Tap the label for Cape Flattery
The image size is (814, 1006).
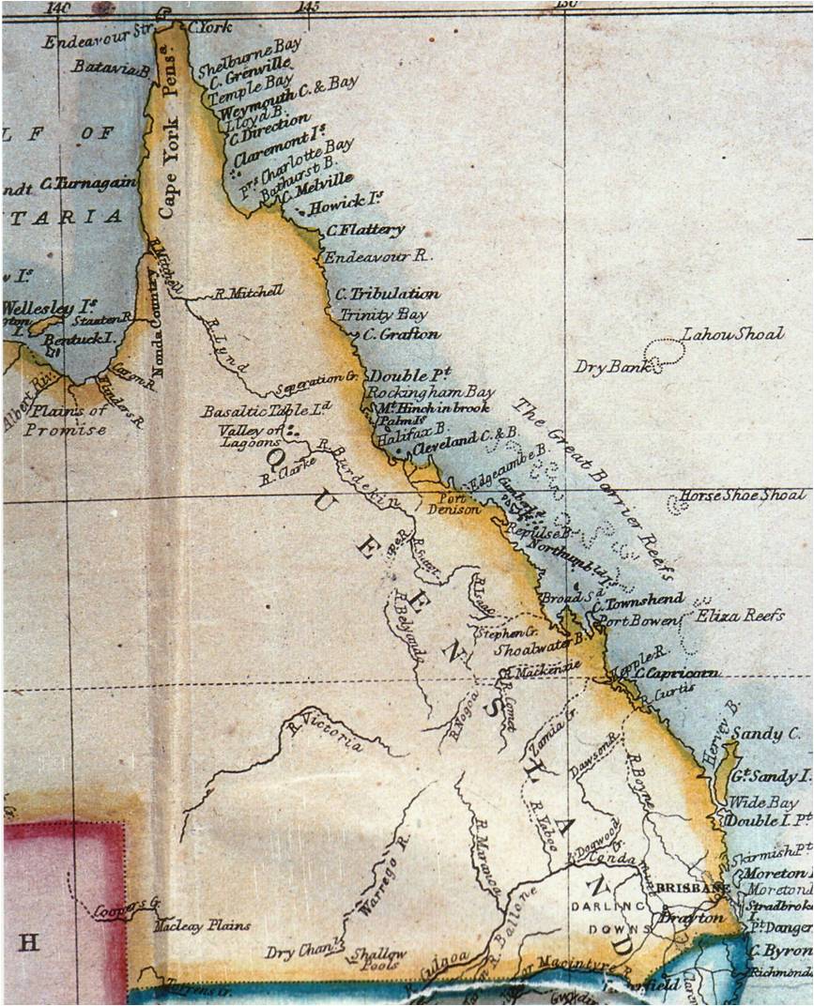click(365, 230)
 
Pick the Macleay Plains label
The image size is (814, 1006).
click(202, 925)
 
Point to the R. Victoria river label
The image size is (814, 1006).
click(326, 734)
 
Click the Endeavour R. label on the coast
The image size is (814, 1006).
click(376, 255)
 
